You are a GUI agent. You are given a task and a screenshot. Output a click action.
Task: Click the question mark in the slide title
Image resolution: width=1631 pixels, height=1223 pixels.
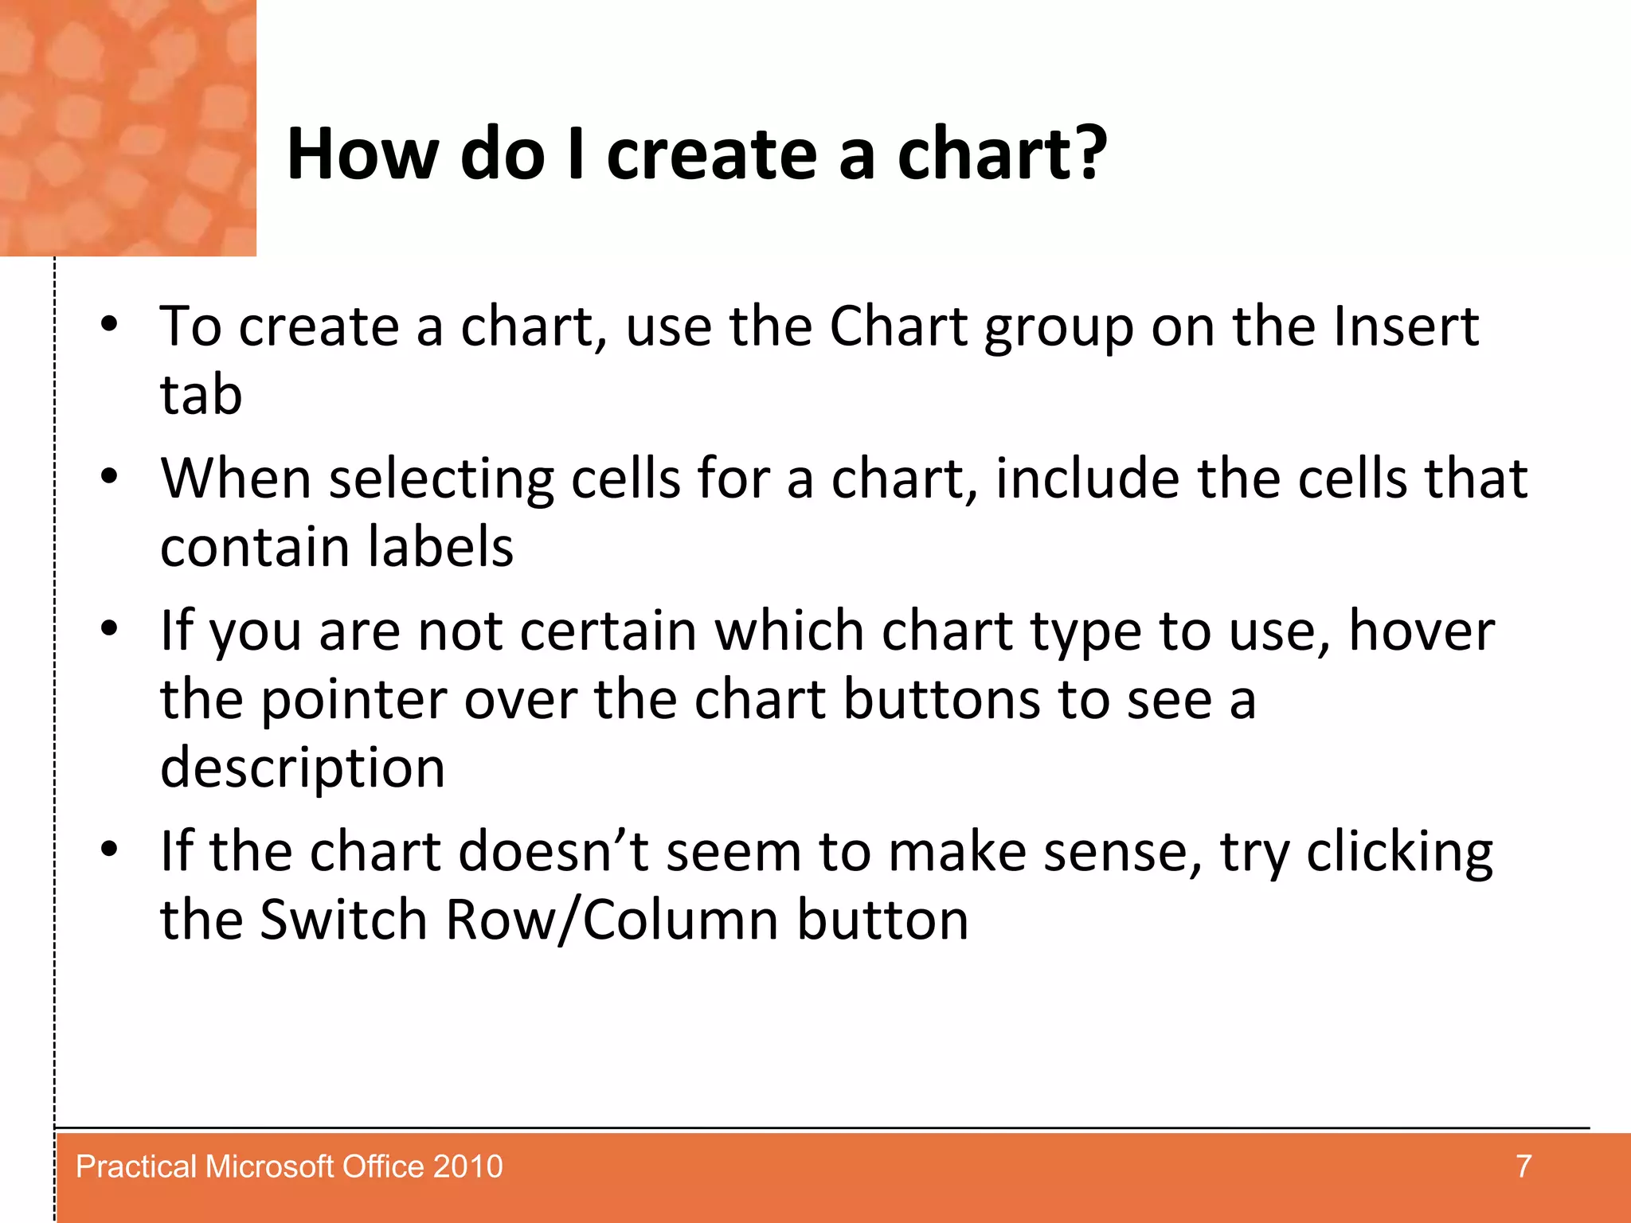pos(1085,154)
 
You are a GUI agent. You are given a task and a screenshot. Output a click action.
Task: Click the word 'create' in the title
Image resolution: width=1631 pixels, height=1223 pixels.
pos(712,155)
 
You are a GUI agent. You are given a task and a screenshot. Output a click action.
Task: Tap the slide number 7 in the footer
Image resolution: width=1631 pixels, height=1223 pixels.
pos(1523,1166)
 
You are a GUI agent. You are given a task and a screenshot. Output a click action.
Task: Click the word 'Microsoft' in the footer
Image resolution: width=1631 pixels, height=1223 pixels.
pos(269,1166)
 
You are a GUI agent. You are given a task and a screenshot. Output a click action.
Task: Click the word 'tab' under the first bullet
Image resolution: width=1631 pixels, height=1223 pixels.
pos(201,395)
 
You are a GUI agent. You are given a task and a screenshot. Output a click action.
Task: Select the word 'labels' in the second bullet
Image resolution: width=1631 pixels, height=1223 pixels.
pos(440,547)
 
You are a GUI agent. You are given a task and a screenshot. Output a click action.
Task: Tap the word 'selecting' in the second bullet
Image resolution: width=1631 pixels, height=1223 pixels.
pos(441,480)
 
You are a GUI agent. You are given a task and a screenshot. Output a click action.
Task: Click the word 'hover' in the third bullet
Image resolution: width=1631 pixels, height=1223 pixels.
pos(1421,631)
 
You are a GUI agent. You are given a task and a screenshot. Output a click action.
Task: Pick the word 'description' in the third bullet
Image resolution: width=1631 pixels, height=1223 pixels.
pos(303,768)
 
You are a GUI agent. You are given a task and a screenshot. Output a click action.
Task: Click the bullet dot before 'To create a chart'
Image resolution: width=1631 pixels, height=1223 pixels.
pos(109,325)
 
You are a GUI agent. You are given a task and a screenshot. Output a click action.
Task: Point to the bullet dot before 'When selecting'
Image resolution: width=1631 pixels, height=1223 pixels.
pos(109,477)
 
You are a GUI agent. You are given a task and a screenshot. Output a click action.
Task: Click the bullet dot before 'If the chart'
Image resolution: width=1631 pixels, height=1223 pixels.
pos(109,849)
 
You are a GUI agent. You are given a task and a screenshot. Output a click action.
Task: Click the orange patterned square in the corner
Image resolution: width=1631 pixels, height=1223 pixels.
pos(127,127)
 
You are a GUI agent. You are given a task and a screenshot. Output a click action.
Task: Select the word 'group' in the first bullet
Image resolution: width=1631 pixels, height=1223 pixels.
pos(1058,328)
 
